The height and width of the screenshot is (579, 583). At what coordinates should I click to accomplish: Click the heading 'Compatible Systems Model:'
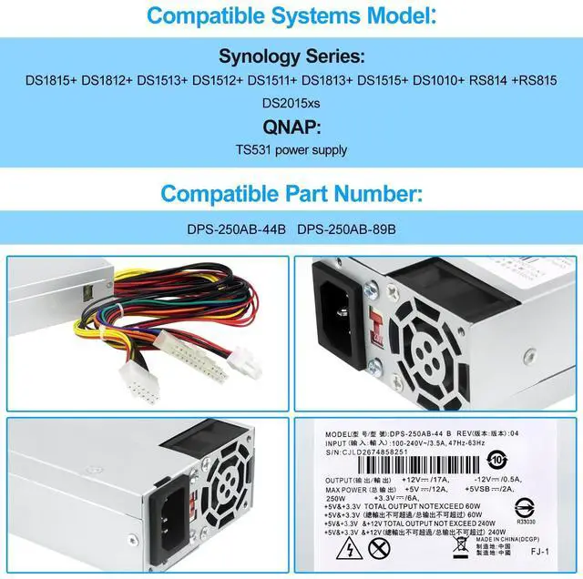click(291, 15)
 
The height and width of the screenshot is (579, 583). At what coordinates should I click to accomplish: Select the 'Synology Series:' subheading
click(291, 56)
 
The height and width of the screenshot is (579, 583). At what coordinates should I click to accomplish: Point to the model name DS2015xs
click(291, 102)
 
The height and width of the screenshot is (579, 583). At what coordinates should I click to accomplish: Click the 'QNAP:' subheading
click(291, 127)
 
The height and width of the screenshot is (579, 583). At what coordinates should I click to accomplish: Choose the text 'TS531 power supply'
click(291, 148)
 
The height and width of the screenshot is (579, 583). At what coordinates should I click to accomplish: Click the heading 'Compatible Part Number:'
click(291, 194)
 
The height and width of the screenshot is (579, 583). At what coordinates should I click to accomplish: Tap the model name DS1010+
click(441, 80)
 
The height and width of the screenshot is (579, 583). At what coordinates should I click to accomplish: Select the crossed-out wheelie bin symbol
click(382, 548)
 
